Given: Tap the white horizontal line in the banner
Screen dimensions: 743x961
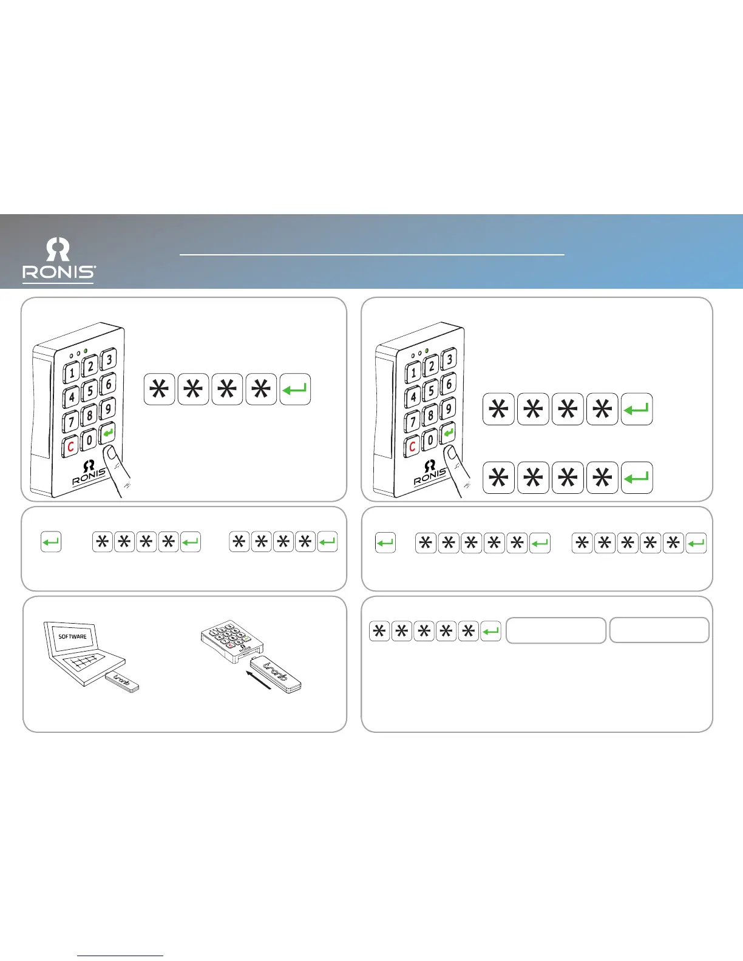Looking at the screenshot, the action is click(x=372, y=255).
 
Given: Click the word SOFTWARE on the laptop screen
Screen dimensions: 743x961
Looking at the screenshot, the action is click(x=72, y=636).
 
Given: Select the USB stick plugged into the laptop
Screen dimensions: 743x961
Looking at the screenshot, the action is click(x=122, y=683).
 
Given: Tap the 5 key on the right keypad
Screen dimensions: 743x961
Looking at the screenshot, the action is click(x=430, y=391).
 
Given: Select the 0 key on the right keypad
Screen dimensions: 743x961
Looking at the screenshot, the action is click(x=429, y=439).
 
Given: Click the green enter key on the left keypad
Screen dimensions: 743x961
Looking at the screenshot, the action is click(x=108, y=433).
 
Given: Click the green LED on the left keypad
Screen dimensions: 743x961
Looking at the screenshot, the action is click(x=86, y=352).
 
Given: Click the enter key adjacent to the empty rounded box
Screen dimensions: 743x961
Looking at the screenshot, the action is click(x=490, y=632).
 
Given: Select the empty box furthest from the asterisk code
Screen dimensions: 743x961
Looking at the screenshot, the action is click(x=659, y=630).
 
